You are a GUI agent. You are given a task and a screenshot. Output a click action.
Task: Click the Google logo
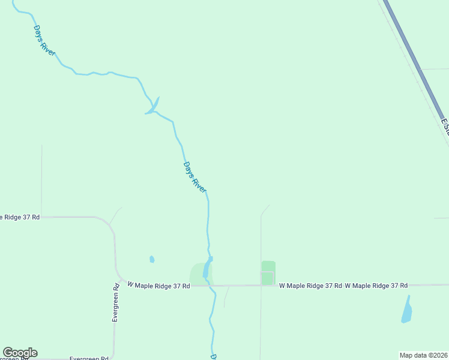[x=20, y=353]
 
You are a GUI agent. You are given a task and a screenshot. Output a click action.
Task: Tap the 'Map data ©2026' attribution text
[x=423, y=355]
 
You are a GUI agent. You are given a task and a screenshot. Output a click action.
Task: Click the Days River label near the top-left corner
[x=44, y=41]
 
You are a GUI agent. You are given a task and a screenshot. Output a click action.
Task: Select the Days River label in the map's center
[x=194, y=176]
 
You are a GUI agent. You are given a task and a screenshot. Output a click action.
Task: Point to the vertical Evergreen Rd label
[x=116, y=303]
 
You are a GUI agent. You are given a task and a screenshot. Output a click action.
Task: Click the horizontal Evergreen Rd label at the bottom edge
[x=88, y=358]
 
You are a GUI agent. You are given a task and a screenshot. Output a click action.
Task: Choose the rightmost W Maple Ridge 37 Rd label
[x=376, y=286]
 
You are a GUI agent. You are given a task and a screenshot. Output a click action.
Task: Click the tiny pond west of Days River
[x=152, y=260]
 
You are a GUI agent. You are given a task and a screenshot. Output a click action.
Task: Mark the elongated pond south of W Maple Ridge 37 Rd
[x=407, y=310]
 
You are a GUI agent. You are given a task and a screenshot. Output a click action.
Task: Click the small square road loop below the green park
[x=267, y=278]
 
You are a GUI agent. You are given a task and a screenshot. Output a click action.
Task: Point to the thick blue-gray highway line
[x=414, y=60]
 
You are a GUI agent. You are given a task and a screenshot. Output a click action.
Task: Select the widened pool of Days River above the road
[x=207, y=268]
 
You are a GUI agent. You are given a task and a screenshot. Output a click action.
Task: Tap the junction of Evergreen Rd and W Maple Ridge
[x=119, y=279]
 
